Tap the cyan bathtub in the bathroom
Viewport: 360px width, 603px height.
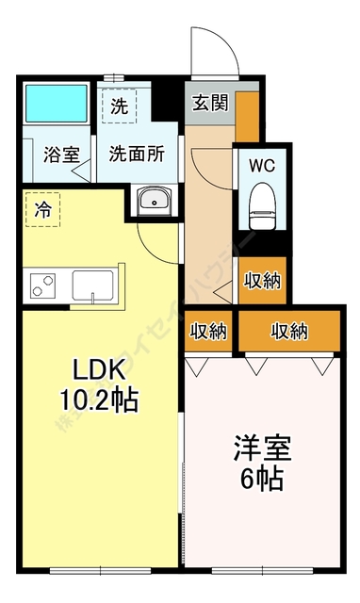click(x=56, y=105)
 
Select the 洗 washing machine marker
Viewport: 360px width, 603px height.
click(x=119, y=106)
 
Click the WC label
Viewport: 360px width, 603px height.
click(x=261, y=164)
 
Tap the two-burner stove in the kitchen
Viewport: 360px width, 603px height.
click(x=43, y=283)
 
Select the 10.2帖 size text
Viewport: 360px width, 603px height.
click(x=94, y=399)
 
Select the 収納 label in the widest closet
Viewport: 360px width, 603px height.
click(x=289, y=331)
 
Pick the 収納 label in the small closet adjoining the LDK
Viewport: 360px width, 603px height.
click(x=208, y=331)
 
